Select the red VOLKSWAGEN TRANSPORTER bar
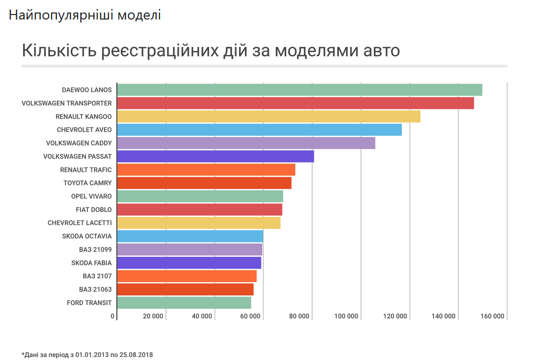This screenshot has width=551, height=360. pyautogui.click(x=295, y=103)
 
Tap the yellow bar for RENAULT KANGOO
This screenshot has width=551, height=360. pyautogui.click(x=268, y=116)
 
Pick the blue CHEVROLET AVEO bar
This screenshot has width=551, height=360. pyautogui.click(x=259, y=130)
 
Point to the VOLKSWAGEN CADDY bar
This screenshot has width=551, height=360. pyautogui.click(x=246, y=143)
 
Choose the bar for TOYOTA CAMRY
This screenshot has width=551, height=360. pyautogui.click(x=204, y=183)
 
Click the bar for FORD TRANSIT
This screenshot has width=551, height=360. pyautogui.click(x=184, y=302)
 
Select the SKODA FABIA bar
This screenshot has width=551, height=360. pyautogui.click(x=189, y=262)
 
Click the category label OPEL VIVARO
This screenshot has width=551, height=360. pyautogui.click(x=91, y=196)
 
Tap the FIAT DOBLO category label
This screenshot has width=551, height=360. pyautogui.click(x=93, y=209)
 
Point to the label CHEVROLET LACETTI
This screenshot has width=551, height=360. pyautogui.click(x=79, y=222)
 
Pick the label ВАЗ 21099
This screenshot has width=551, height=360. pyautogui.click(x=95, y=249)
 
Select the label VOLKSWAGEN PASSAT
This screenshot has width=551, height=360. pyautogui.click(x=77, y=156)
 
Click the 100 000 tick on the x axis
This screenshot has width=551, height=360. pyautogui.click(x=346, y=316)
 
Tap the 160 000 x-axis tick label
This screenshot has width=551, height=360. pyautogui.click(x=492, y=316)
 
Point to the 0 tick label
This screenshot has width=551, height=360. pyautogui.click(x=112, y=316)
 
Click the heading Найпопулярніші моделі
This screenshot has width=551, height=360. pyautogui.click(x=84, y=15)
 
